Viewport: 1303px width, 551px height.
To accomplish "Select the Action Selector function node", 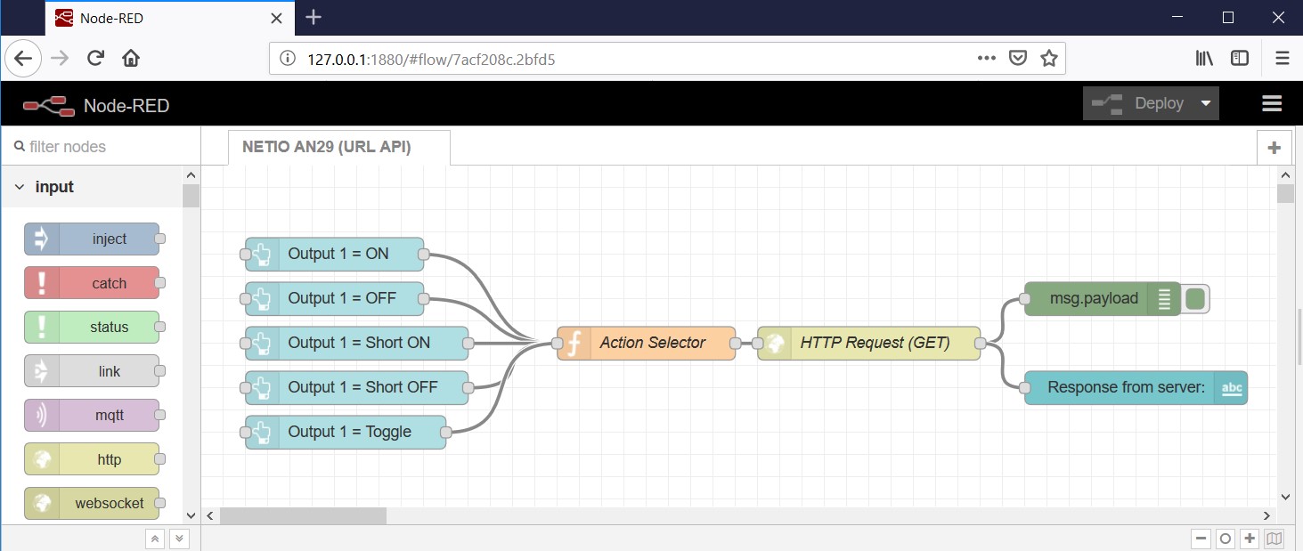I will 652,343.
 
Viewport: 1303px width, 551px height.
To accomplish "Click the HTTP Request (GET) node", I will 875,343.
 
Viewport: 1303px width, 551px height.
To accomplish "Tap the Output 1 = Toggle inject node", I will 349,432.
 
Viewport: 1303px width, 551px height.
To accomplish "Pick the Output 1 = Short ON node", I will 358,343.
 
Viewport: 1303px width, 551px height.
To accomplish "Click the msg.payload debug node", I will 1093,299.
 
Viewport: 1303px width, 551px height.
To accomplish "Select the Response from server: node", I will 1125,388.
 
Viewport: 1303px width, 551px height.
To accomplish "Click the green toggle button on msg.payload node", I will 1195,299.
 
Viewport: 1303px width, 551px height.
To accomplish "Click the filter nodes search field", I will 98,147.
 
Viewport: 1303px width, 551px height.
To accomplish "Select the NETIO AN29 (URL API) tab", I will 326,147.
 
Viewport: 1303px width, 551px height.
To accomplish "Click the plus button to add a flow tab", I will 1274,148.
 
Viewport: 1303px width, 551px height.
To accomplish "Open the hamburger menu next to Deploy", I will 1271,103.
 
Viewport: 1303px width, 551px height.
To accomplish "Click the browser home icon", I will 131,59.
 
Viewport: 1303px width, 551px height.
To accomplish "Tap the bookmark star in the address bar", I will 1048,59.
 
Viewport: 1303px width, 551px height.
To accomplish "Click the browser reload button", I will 95,59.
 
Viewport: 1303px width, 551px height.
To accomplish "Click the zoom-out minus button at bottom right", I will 1201,539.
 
